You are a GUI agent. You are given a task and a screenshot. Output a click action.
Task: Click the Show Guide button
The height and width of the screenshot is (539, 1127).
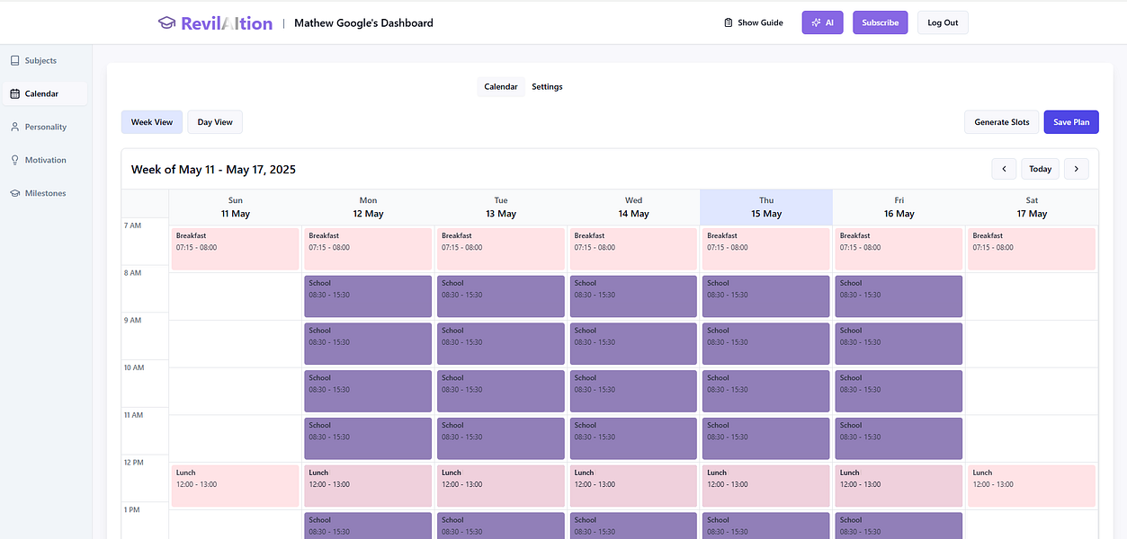[x=754, y=22]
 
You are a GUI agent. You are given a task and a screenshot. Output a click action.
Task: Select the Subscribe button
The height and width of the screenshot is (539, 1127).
[x=880, y=22]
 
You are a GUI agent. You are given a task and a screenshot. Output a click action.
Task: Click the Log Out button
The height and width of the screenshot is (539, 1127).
[x=943, y=22]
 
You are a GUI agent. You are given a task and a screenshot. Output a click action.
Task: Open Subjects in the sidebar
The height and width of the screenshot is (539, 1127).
[x=40, y=61]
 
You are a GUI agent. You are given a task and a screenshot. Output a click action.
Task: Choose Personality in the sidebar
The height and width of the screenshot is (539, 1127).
[x=45, y=127]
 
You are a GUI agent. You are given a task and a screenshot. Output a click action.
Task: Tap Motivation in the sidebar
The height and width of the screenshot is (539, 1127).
[x=45, y=160]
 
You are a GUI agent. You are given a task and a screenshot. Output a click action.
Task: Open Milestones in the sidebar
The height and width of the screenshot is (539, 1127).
[x=45, y=193]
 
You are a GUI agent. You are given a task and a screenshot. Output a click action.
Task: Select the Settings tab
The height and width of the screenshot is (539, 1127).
[x=547, y=87]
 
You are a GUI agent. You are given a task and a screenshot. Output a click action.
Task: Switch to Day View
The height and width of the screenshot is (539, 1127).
[x=215, y=122]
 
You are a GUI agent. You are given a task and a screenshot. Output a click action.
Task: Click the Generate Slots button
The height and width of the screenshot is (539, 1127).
[x=1002, y=122]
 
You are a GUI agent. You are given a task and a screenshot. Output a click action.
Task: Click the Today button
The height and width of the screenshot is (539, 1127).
[x=1040, y=169]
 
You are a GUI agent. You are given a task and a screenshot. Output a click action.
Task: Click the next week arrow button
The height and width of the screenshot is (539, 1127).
[x=1076, y=169]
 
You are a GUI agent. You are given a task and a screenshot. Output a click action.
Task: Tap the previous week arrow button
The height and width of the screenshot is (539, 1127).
[x=1004, y=169]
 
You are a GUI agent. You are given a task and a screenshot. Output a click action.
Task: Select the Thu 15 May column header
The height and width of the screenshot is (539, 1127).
[x=766, y=208]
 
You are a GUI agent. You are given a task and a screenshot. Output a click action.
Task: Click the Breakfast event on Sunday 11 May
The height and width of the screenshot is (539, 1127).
[x=235, y=249]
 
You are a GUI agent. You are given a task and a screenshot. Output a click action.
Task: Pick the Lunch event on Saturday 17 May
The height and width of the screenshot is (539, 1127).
[x=1032, y=485]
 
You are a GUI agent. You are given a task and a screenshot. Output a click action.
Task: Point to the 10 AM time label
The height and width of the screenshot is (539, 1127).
[x=133, y=367]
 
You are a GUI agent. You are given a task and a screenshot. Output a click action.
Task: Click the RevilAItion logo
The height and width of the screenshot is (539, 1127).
[x=215, y=23]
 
